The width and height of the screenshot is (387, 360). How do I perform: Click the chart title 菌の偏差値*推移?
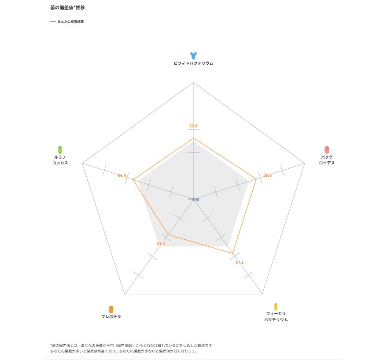[67, 8]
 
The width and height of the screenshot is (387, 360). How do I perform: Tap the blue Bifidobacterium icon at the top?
[193, 56]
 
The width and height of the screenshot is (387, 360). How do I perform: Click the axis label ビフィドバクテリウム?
[193, 63]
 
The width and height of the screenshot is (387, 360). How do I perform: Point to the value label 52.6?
[193, 126]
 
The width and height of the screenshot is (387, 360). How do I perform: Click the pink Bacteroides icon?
[327, 149]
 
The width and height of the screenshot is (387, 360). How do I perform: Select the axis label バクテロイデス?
[327, 160]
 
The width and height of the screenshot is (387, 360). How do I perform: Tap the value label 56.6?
[267, 175]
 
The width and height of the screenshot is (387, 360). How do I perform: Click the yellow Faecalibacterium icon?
[276, 306]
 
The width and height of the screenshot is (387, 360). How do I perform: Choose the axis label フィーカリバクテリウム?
[276, 316]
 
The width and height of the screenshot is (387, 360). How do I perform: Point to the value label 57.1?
[239, 263]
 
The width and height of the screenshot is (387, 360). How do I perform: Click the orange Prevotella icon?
[111, 309]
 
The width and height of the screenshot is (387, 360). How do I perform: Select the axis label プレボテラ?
[111, 317]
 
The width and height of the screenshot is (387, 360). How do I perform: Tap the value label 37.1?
[161, 244]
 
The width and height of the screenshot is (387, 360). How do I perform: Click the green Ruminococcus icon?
[60, 149]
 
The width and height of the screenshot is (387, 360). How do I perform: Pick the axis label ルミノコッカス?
[60, 160]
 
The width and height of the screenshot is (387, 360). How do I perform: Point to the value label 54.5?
[122, 176]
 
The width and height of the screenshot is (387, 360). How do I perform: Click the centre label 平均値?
[194, 200]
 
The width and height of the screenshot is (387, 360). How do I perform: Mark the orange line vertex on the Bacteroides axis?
[256, 179]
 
